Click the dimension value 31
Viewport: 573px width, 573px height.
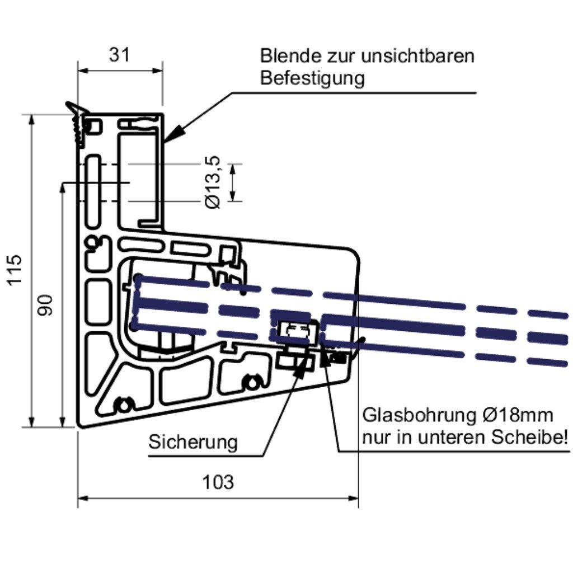(119, 54)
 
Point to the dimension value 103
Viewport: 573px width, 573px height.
(218, 482)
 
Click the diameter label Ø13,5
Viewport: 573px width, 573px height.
(213, 182)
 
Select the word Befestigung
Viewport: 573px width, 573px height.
(312, 78)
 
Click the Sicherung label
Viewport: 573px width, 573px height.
(192, 443)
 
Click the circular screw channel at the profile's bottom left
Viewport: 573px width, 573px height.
(121, 404)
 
